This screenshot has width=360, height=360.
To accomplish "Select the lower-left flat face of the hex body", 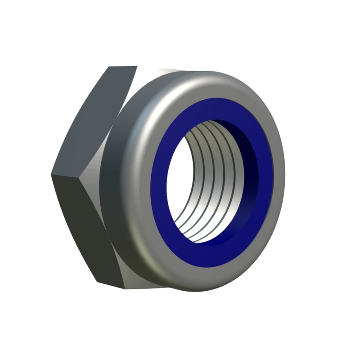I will click(81, 225).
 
